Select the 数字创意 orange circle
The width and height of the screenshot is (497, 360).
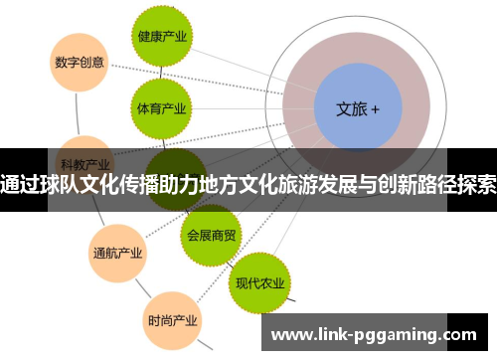coord(79,61)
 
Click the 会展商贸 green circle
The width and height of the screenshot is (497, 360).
coord(212,235)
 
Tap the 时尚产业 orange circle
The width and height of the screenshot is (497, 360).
coord(172,320)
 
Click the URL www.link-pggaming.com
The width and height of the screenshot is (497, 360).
coord(379,334)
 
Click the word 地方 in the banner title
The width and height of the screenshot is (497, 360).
coord(237,185)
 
